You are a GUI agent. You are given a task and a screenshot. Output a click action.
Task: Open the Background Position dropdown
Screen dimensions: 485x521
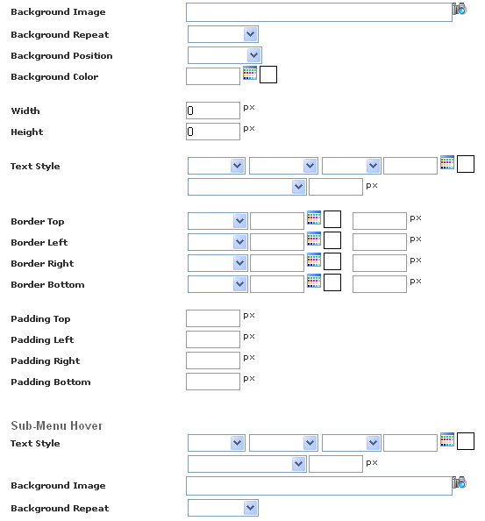[225, 55]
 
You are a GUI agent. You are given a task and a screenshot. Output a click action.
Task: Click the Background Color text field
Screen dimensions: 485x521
[213, 76]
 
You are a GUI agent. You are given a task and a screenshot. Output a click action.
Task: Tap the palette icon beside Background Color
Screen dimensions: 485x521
[250, 73]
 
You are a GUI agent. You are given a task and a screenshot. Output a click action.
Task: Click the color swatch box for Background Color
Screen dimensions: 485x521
[268, 75]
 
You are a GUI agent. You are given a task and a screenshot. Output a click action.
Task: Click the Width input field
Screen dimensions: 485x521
[213, 111]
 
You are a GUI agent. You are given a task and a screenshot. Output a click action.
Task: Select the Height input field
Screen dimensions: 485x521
[213, 132]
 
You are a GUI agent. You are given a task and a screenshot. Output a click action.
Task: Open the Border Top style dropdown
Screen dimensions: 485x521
[218, 221]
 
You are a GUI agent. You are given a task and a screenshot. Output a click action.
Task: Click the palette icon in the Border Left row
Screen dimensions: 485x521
[314, 239]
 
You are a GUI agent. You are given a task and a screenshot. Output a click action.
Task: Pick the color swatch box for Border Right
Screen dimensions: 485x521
[332, 261]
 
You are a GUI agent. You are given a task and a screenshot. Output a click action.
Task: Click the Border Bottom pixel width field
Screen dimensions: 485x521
[380, 284]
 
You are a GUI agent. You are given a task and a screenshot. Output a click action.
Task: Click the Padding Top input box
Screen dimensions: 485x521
[213, 318]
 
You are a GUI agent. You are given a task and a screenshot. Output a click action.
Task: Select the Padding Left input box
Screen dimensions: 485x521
[213, 339]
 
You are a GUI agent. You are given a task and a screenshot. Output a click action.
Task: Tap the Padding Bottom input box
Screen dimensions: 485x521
[213, 382]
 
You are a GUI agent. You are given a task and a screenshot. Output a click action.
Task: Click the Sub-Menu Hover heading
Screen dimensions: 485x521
[57, 425]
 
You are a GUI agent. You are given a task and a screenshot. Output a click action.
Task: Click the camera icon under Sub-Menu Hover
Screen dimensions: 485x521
[460, 482]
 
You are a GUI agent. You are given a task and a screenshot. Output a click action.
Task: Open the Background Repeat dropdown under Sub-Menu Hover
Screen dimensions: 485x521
[223, 508]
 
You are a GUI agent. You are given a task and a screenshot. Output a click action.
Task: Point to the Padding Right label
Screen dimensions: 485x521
[46, 360]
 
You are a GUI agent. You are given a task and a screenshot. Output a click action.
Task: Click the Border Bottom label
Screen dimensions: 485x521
[47, 285]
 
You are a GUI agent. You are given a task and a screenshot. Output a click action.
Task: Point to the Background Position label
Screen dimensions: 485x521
[61, 56]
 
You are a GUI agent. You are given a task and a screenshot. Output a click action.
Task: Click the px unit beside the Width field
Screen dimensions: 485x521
[249, 108]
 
